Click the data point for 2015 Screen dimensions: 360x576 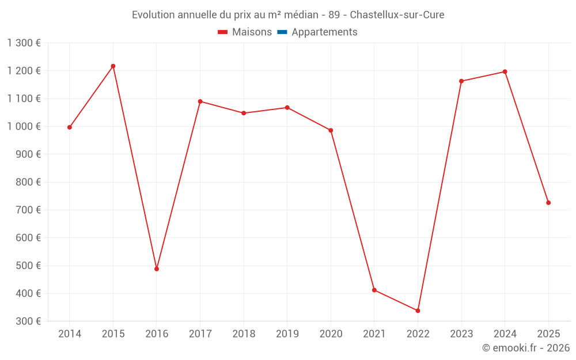pyautogui.click(x=113, y=66)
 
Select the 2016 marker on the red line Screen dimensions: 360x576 pyautogui.click(x=157, y=269)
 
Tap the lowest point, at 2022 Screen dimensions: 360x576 pyautogui.click(x=418, y=310)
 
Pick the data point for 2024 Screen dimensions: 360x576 pyautogui.click(x=505, y=72)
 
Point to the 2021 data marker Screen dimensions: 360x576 pyautogui.click(x=374, y=290)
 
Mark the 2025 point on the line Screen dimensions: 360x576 pyautogui.click(x=548, y=203)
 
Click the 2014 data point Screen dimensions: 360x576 pyautogui.click(x=70, y=127)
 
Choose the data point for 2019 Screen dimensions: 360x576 pyautogui.click(x=287, y=108)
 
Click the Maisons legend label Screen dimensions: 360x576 pyautogui.click(x=252, y=32)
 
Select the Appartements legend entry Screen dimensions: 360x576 pyautogui.click(x=324, y=32)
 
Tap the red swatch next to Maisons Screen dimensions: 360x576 pyautogui.click(x=223, y=32)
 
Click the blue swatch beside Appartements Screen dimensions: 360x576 pyautogui.click(x=282, y=32)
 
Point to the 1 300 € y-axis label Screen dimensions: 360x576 pyautogui.click(x=24, y=43)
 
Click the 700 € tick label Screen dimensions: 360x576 pyautogui.click(x=29, y=210)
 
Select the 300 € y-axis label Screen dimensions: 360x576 pyautogui.click(x=29, y=321)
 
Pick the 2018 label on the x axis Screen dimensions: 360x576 pyautogui.click(x=244, y=334)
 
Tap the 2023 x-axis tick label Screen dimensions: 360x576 pyautogui.click(x=461, y=334)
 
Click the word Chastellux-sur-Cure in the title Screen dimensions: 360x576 pyautogui.click(x=397, y=15)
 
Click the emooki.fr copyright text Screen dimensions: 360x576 pyautogui.click(x=526, y=348)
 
